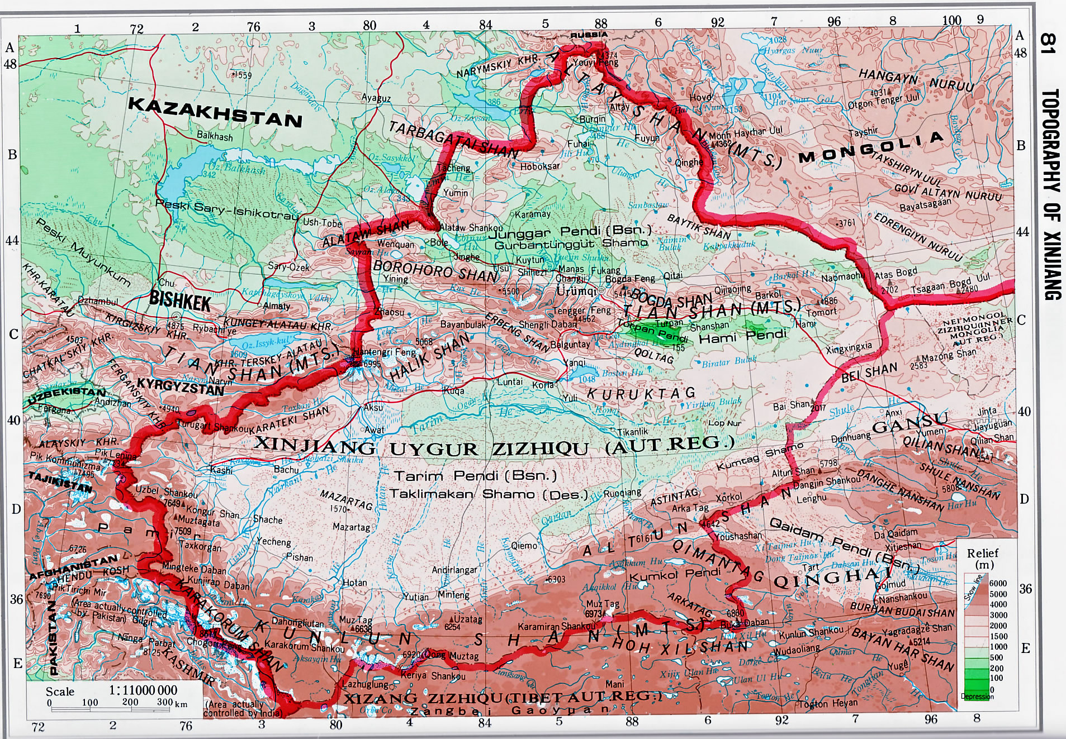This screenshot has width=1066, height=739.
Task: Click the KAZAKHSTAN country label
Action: pyautogui.click(x=215, y=112)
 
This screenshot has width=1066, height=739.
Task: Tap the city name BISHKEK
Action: pyautogui.click(x=179, y=302)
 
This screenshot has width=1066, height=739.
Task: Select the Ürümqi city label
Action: pyautogui.click(x=576, y=291)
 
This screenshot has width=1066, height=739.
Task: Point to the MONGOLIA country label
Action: pyautogui.click(x=871, y=148)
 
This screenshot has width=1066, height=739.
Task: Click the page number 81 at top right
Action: pyautogui.click(x=1049, y=44)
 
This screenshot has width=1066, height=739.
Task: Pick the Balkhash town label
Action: pyautogui.click(x=215, y=136)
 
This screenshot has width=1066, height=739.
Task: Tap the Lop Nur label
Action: pyautogui.click(x=724, y=423)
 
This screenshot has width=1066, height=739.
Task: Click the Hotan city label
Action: pyautogui.click(x=354, y=582)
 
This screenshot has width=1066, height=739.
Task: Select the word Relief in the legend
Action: pyautogui.click(x=983, y=553)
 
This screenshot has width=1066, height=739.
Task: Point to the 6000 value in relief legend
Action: pyautogui.click(x=998, y=583)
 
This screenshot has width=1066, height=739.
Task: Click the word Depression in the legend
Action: pyautogui.click(x=977, y=697)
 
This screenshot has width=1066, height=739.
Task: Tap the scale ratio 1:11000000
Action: pyautogui.click(x=143, y=690)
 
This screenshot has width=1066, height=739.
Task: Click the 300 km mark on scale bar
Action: pyautogui.click(x=165, y=702)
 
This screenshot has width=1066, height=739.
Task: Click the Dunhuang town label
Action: pyautogui.click(x=851, y=438)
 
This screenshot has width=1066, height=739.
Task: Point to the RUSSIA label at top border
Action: pyautogui.click(x=589, y=35)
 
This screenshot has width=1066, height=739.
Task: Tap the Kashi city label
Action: pyautogui.click(x=221, y=470)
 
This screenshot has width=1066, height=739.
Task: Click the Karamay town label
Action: pyautogui.click(x=532, y=214)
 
